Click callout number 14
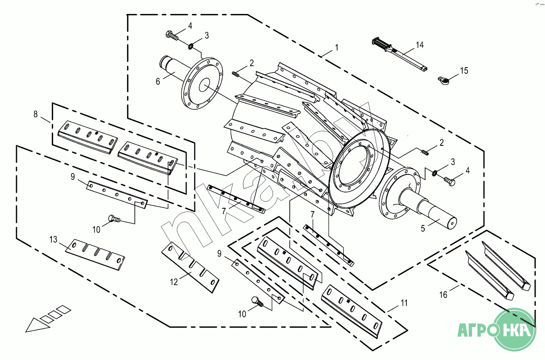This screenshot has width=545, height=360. coord(420,45)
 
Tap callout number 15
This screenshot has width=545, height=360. coord(464,71)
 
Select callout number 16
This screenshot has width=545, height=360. coord(443,295)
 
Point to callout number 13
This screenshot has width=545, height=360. coord(53,239)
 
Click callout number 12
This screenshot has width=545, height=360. coord(174,282)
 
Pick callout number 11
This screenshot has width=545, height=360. coord(404,303)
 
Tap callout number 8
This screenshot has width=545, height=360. coord(36,114)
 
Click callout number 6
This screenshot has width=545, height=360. coord(158,82)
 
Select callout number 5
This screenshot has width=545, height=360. coord(423,228)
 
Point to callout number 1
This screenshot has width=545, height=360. coord(337,47)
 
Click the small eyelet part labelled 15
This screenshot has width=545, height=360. coord(443,80)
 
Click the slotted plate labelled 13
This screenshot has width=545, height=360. coord(95,255)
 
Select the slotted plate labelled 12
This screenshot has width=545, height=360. coord(190,267)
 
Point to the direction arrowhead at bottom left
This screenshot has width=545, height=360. coord(37,326)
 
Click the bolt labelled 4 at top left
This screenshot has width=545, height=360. coord(172,36)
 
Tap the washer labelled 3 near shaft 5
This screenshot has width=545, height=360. coord(434,174)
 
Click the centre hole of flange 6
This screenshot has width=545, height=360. coord(204,85)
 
